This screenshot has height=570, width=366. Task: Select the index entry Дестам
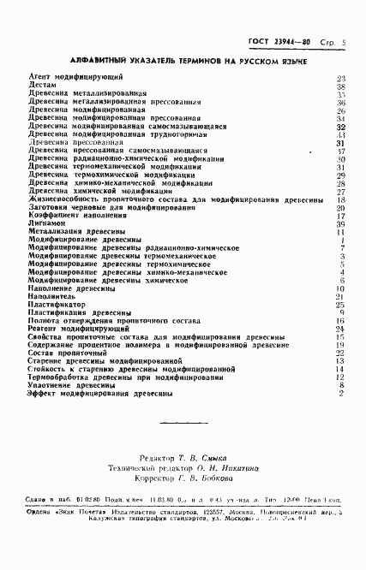42,86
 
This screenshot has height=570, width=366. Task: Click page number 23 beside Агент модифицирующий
340,78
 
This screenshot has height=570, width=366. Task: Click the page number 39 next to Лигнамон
340,223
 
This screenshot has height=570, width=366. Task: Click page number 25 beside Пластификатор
340,304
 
